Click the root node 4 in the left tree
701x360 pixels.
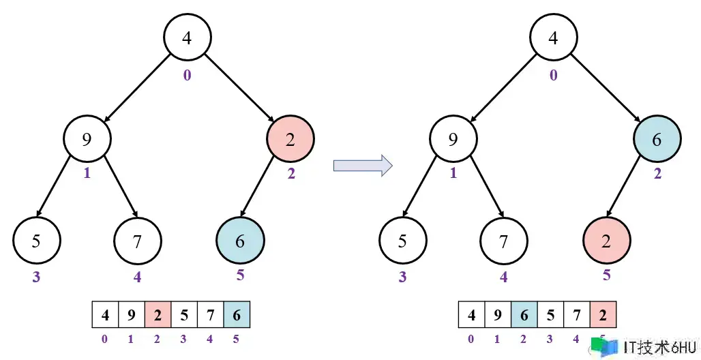point(187,37)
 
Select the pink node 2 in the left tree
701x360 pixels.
point(290,140)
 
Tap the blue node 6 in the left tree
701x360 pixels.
point(240,240)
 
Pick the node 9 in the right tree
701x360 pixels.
point(453,140)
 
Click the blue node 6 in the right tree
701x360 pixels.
point(657,140)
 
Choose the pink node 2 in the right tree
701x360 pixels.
point(606,240)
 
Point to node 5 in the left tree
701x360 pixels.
point(37,240)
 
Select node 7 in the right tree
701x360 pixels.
point(503,240)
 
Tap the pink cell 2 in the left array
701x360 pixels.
point(158,316)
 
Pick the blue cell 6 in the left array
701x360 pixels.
point(237,316)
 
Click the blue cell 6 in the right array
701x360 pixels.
point(524,316)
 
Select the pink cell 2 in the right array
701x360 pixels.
point(603,316)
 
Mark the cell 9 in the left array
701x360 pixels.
point(131,316)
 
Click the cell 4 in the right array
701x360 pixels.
point(472,316)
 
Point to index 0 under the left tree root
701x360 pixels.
point(187,75)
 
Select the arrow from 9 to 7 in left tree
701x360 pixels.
point(113,191)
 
